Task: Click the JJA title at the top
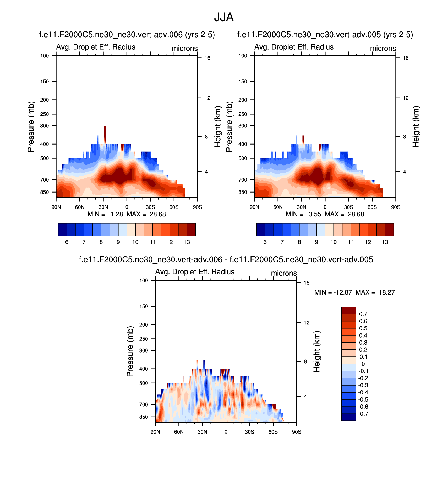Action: [224, 18]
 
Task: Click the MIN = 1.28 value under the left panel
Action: [116, 214]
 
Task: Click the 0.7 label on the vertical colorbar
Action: [363, 314]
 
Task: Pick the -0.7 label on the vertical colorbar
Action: [363, 414]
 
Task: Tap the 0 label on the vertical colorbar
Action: [363, 364]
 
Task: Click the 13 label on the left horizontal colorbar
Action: [187, 242]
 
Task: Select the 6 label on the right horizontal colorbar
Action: [265, 242]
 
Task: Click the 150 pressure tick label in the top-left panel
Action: [45, 82]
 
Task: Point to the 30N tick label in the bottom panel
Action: [202, 432]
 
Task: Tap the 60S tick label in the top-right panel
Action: [372, 207]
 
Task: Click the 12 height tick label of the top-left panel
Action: [207, 98]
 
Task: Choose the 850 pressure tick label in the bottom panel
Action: [144, 417]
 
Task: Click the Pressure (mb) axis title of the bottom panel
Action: [130, 351]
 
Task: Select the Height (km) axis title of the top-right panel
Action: [416, 126]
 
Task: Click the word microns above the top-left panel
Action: [185, 49]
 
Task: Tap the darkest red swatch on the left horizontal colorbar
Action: [191, 230]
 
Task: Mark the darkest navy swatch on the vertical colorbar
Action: [348, 417]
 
